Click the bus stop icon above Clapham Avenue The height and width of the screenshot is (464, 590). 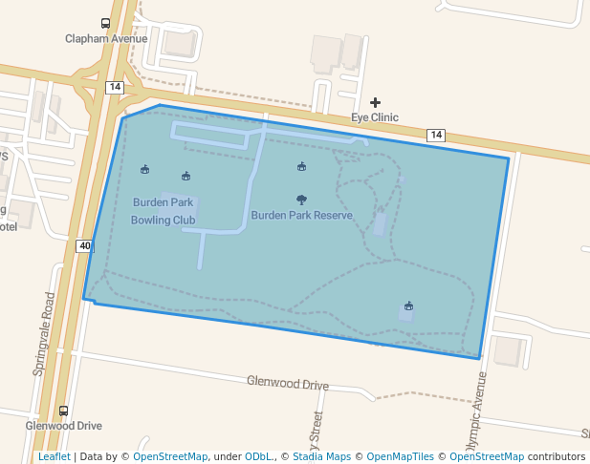click(104, 24)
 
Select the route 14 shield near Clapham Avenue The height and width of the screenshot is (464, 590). click(115, 87)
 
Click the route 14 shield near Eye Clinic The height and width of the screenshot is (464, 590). click(435, 135)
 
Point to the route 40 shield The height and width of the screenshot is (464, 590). click(85, 246)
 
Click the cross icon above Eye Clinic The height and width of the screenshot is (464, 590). click(375, 103)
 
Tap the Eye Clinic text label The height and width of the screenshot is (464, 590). click(375, 117)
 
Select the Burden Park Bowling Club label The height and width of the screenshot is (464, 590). click(163, 211)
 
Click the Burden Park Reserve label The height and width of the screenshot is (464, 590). click(301, 216)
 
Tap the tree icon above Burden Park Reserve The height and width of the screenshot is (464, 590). click(301, 200)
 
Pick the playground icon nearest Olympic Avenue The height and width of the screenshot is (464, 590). click(408, 306)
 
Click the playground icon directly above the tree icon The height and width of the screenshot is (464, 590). click(301, 167)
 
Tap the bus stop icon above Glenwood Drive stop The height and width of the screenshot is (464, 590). click(64, 411)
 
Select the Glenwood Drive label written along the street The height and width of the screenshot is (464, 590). click(287, 383)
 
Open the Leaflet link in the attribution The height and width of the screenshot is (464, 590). click(54, 456)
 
